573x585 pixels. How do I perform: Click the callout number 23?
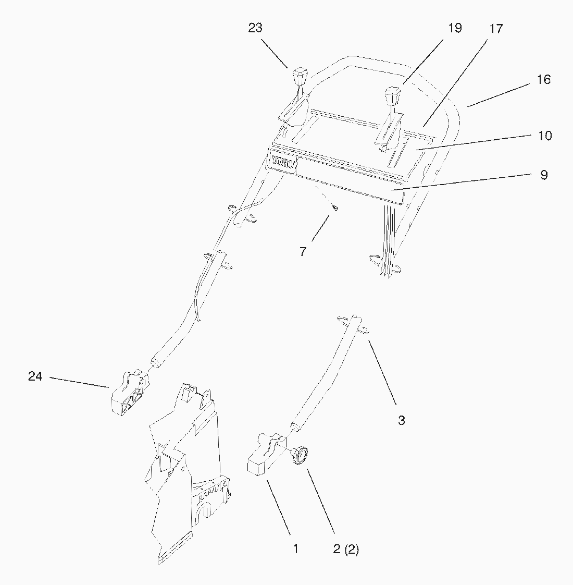[x=255, y=28]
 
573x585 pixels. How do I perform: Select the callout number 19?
[x=455, y=28]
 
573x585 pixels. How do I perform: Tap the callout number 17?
[x=496, y=29]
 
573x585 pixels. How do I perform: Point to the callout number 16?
[x=543, y=80]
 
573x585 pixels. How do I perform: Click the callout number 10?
[x=544, y=136]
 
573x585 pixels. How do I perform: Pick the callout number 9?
[x=544, y=175]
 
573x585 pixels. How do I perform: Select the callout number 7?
[x=303, y=252]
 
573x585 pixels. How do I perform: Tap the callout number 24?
[x=35, y=376]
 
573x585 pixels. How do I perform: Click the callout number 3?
[x=401, y=420]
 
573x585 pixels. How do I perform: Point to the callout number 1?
[x=296, y=549]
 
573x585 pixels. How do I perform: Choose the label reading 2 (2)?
[x=346, y=549]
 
